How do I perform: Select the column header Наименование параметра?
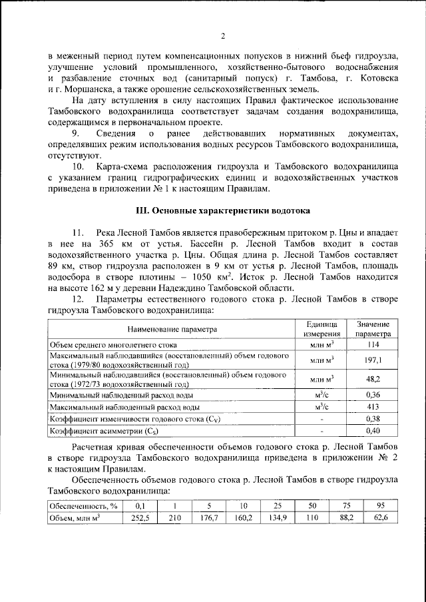point(172,329)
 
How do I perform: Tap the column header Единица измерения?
point(321,329)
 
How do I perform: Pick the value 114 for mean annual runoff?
point(373,345)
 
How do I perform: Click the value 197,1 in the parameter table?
point(373,360)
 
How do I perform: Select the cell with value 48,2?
point(373,380)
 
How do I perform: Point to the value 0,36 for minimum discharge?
point(373,395)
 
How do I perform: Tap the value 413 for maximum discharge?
point(373,407)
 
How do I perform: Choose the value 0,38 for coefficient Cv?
point(373,419)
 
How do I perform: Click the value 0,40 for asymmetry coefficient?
point(373,431)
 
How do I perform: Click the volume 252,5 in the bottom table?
point(139,518)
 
